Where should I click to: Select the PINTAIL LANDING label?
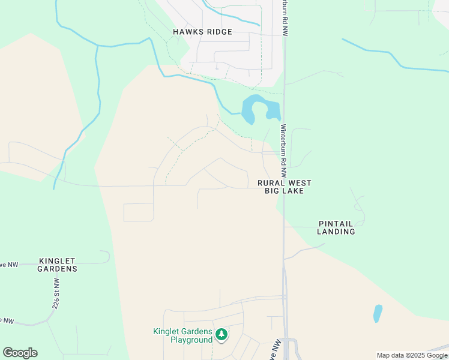336,227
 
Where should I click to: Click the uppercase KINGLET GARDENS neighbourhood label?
58,265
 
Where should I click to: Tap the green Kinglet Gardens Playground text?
183,335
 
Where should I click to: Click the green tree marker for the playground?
221,334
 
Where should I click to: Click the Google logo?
20,353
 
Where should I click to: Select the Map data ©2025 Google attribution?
412,355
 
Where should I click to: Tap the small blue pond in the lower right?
378,313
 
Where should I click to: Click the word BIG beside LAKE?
273,191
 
